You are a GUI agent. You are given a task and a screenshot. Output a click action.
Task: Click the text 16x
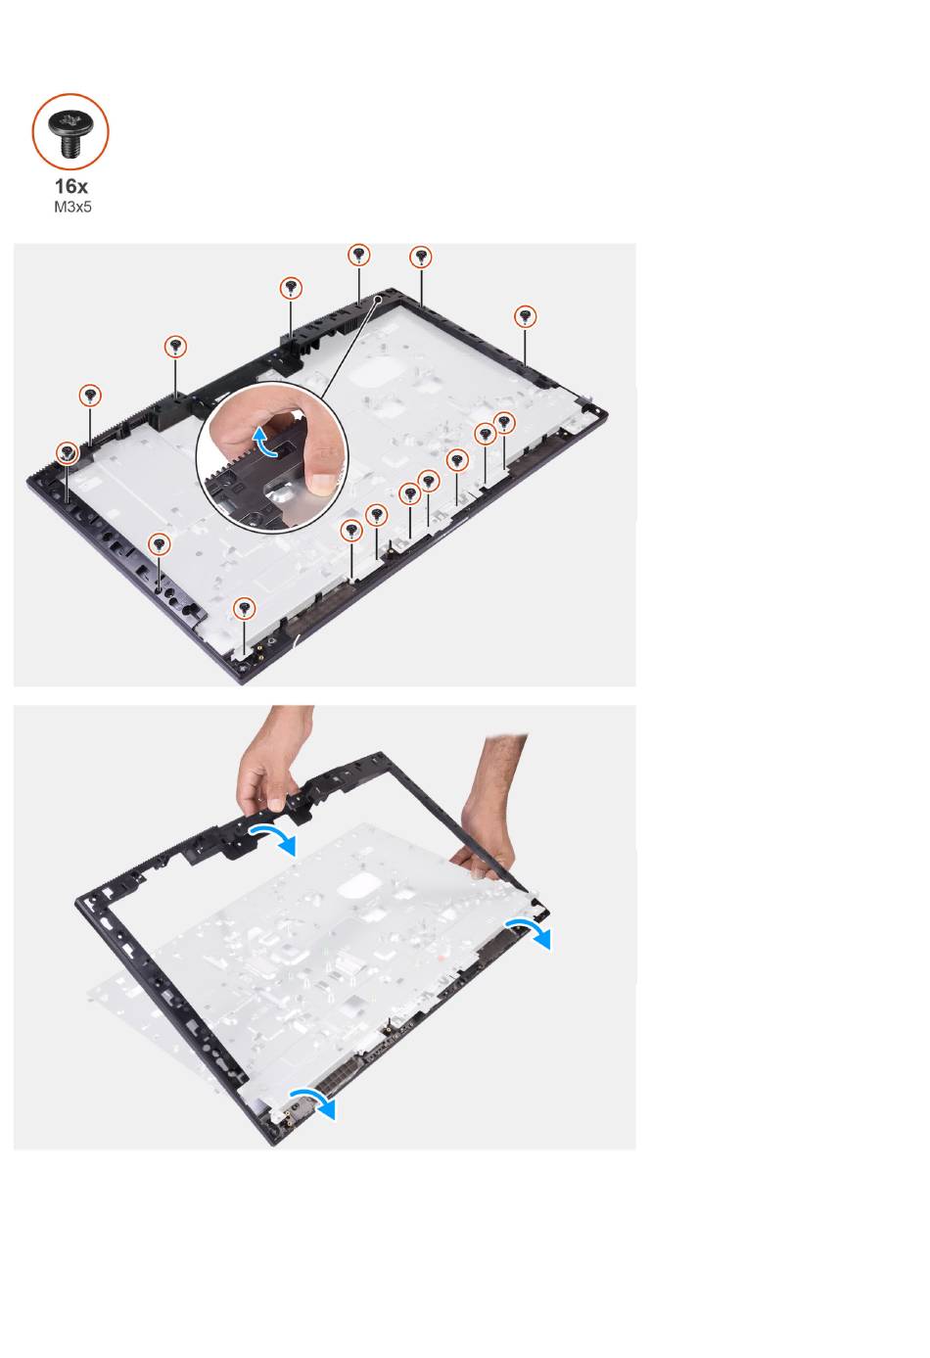(x=70, y=186)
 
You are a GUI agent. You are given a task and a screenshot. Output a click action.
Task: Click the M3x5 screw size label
(x=72, y=207)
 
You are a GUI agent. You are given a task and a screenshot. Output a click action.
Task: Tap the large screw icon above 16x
(x=70, y=131)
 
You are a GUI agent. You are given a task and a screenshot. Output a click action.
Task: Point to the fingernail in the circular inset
(x=321, y=483)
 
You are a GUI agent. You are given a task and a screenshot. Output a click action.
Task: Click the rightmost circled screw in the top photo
(x=525, y=316)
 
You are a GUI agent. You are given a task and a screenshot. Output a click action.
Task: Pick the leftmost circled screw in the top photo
(x=68, y=452)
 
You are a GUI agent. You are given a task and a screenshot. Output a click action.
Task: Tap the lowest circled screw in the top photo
(x=245, y=607)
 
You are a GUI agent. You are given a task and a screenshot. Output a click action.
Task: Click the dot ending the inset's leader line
(x=379, y=299)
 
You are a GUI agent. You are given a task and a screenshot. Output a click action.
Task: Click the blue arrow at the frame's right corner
(x=530, y=930)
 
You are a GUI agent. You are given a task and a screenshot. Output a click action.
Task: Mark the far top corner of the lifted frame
(x=380, y=754)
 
